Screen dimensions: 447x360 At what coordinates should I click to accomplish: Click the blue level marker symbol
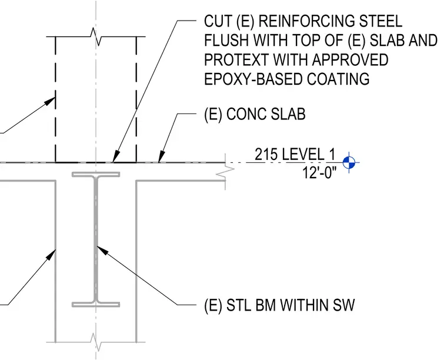coord(349,162)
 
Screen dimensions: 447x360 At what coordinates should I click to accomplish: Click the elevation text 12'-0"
coord(319,172)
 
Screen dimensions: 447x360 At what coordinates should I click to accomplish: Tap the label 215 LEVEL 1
coord(295,154)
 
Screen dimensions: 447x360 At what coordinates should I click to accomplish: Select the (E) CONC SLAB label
coord(255,114)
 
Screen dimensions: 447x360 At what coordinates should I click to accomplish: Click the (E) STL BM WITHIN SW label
coord(279,305)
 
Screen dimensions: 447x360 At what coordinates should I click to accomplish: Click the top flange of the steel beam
coord(96,174)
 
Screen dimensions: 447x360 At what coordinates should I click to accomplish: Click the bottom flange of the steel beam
coord(96,305)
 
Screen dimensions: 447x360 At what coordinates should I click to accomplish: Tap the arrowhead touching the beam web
coord(102,250)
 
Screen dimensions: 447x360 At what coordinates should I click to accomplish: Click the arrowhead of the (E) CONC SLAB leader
coord(161,157)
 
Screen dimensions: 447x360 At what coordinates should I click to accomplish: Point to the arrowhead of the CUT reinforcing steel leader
coord(115,157)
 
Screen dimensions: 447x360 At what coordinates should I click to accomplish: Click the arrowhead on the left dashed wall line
coord(50,101)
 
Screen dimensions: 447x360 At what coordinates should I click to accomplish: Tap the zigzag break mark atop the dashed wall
coord(96,37)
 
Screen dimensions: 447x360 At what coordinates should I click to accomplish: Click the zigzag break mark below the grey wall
coord(96,342)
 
